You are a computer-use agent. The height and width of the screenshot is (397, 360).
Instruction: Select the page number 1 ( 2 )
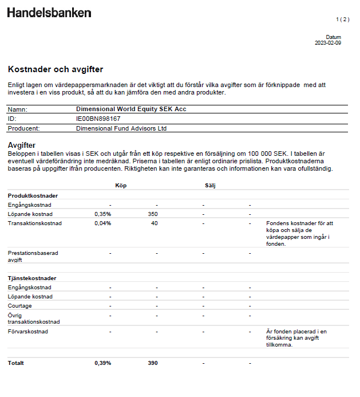coord(342,19)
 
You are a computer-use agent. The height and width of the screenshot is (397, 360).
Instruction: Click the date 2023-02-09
coord(328,43)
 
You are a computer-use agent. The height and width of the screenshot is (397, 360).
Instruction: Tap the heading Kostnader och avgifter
coord(56,69)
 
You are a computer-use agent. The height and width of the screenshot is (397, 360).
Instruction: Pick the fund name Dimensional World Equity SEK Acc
coord(131,109)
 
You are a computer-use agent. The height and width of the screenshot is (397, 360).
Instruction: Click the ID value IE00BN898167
coord(98,119)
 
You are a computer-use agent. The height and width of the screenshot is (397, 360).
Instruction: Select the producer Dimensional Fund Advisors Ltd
coord(121,128)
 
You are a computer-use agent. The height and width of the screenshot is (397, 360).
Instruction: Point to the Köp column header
coord(121,186)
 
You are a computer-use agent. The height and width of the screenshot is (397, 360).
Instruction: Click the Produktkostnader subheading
coord(33,195)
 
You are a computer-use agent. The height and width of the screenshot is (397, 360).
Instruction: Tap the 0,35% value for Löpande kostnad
coord(103,214)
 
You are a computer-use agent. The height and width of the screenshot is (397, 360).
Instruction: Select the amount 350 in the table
coord(152,214)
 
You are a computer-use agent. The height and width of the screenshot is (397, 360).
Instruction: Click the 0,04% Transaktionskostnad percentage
coord(103,223)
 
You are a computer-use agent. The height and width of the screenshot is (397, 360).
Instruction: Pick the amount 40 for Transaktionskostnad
coord(154,223)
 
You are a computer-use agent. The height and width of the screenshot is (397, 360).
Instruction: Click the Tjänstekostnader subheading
coord(31,278)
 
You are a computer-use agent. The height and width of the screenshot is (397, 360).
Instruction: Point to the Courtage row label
coord(20,306)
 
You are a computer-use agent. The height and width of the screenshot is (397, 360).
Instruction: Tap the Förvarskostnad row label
coord(28,331)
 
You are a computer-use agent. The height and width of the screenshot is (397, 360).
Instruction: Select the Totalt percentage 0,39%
coord(103,363)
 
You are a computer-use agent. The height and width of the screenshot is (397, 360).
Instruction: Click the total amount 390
coord(152,363)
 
